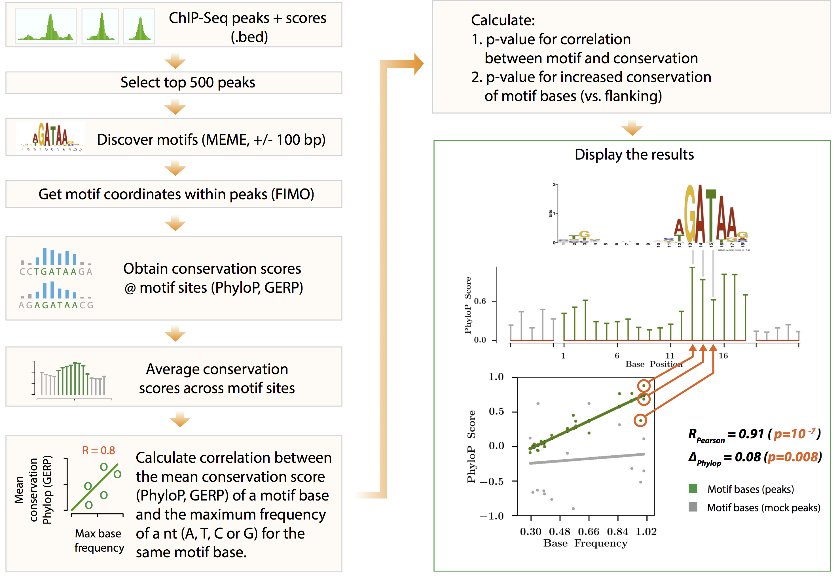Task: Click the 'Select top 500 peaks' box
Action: tap(173, 83)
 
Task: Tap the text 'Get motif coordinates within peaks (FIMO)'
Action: tap(176, 194)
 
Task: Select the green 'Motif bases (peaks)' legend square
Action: tap(693, 488)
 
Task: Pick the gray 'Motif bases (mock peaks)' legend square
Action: tap(693, 507)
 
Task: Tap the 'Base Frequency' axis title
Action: tap(585, 543)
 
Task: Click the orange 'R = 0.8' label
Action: tap(98, 451)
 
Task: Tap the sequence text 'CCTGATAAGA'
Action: tap(56, 272)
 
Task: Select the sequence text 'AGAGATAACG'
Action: tap(56, 305)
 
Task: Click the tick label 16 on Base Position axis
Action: tap(723, 355)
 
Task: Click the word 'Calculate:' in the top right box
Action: tap(503, 20)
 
